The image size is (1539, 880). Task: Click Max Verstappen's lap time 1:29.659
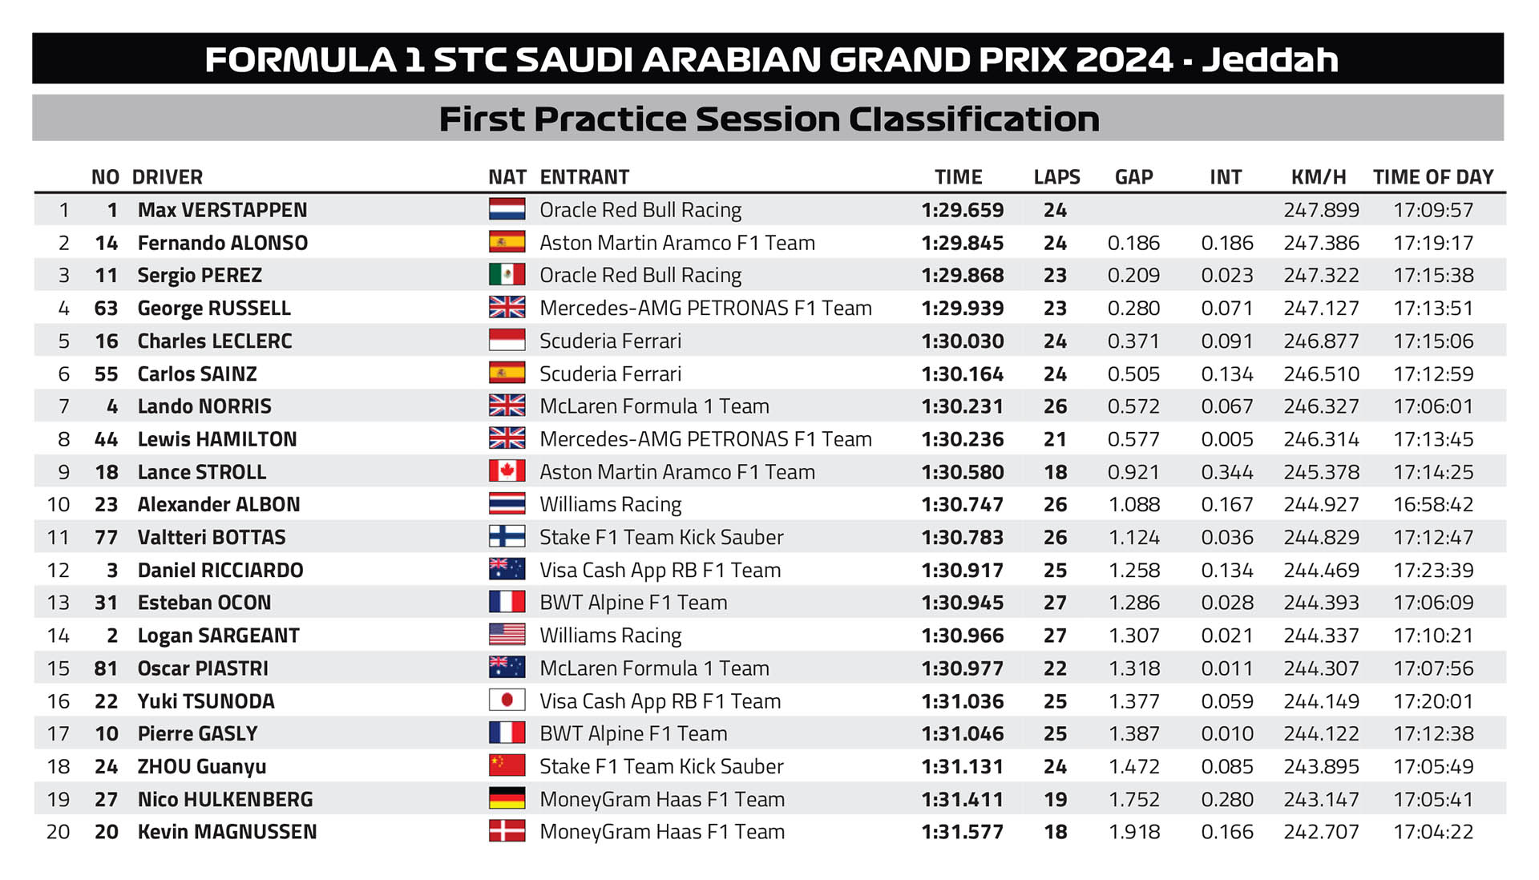[962, 210]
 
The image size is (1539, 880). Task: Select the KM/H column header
[1318, 177]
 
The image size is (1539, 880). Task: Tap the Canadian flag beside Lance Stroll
[507, 471]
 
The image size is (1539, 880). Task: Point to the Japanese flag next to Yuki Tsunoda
[507, 700]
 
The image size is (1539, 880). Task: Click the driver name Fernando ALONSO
[222, 243]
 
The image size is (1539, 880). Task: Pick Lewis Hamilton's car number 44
[106, 439]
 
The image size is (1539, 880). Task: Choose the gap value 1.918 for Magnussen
[1133, 832]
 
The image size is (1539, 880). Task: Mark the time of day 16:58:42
[1432, 504]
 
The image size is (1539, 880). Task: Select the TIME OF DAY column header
[1432, 177]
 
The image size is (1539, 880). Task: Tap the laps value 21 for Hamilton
[1055, 439]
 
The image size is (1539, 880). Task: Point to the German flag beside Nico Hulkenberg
[507, 798]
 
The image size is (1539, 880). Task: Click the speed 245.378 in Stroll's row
[1321, 472]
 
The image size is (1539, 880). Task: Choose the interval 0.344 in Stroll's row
[1226, 472]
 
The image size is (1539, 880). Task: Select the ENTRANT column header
[584, 177]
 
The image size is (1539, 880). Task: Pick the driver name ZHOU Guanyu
[201, 766]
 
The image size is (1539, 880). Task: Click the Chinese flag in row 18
[507, 765]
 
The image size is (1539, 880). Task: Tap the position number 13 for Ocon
[59, 603]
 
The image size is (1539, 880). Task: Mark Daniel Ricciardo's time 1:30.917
[962, 570]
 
